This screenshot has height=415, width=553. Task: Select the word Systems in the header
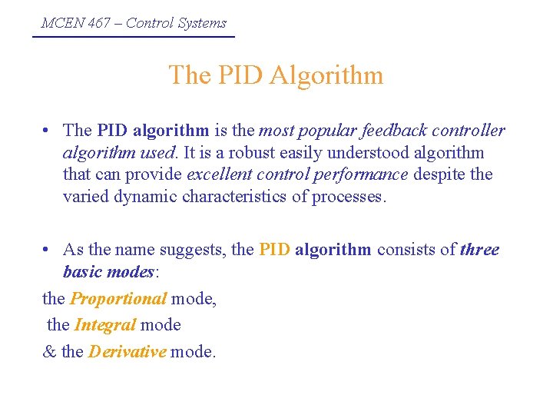[x=202, y=23]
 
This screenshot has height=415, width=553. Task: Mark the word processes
[x=347, y=196]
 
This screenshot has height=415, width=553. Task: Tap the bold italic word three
[x=479, y=250]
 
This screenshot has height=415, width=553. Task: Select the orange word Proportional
[x=118, y=299]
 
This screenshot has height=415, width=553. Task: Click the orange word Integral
[x=105, y=325]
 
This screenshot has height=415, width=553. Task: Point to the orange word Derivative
[x=127, y=352]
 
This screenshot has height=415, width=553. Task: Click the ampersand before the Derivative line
[x=48, y=352]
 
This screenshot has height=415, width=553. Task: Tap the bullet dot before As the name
[x=48, y=250]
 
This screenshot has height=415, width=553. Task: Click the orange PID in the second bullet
[x=275, y=250]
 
